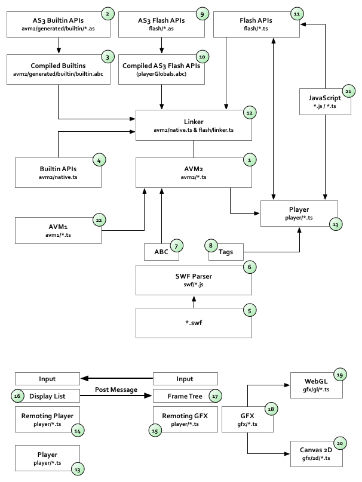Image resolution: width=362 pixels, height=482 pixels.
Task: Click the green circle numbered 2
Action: [107, 13]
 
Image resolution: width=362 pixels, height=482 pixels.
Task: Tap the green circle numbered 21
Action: [348, 91]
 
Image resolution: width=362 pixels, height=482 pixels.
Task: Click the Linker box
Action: [194, 125]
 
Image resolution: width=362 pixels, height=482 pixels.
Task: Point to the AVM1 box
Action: [57, 230]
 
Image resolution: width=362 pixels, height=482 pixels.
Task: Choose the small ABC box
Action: [161, 252]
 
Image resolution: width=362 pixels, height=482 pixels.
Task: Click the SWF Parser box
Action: [194, 280]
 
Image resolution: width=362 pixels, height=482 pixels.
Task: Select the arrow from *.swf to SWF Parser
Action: [194, 302]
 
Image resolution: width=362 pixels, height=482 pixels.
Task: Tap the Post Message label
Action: [116, 390]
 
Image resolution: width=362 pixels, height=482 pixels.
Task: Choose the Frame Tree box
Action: [185, 396]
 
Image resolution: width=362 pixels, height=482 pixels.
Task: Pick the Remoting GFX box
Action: [185, 419]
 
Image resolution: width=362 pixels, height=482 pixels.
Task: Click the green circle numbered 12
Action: [249, 112]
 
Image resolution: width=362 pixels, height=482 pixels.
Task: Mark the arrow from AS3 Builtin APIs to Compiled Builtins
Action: [58, 45]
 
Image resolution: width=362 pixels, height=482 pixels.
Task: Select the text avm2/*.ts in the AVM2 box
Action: [194, 177]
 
